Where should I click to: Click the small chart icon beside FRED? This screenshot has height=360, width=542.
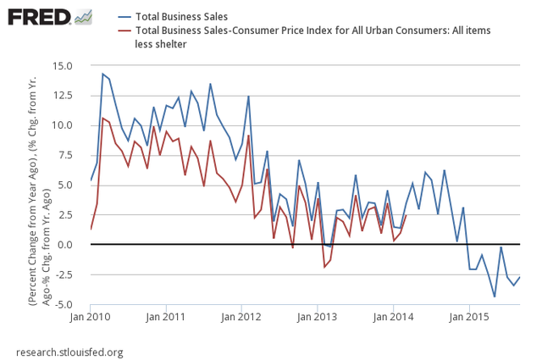[x=83, y=17]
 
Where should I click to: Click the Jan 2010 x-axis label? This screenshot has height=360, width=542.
[x=91, y=318]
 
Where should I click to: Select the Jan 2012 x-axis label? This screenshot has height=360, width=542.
[x=242, y=318]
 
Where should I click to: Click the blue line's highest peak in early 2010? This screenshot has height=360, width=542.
[x=102, y=74]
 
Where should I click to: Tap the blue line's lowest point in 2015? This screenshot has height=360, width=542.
[x=495, y=296]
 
